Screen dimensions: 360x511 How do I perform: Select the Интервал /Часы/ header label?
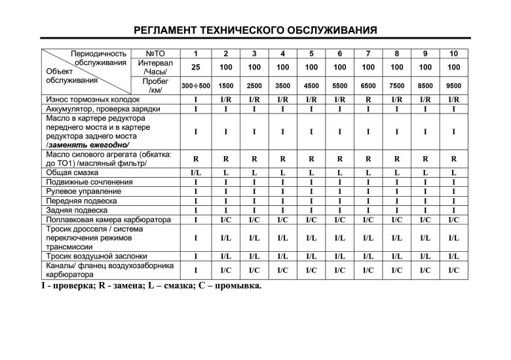[156, 67]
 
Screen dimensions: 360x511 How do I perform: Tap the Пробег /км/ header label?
[156, 85]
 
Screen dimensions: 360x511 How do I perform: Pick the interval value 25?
[195, 67]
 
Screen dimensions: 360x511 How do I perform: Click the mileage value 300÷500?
[195, 86]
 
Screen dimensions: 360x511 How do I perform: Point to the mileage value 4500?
[311, 86]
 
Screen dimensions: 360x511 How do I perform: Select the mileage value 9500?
[453, 86]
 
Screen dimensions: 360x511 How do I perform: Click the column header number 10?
[453, 53]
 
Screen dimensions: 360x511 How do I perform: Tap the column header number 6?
[339, 53]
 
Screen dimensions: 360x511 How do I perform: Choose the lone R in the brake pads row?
[368, 98]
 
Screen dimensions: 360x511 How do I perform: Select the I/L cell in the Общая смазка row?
[195, 172]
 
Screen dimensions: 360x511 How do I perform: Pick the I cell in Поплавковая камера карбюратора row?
[195, 220]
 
